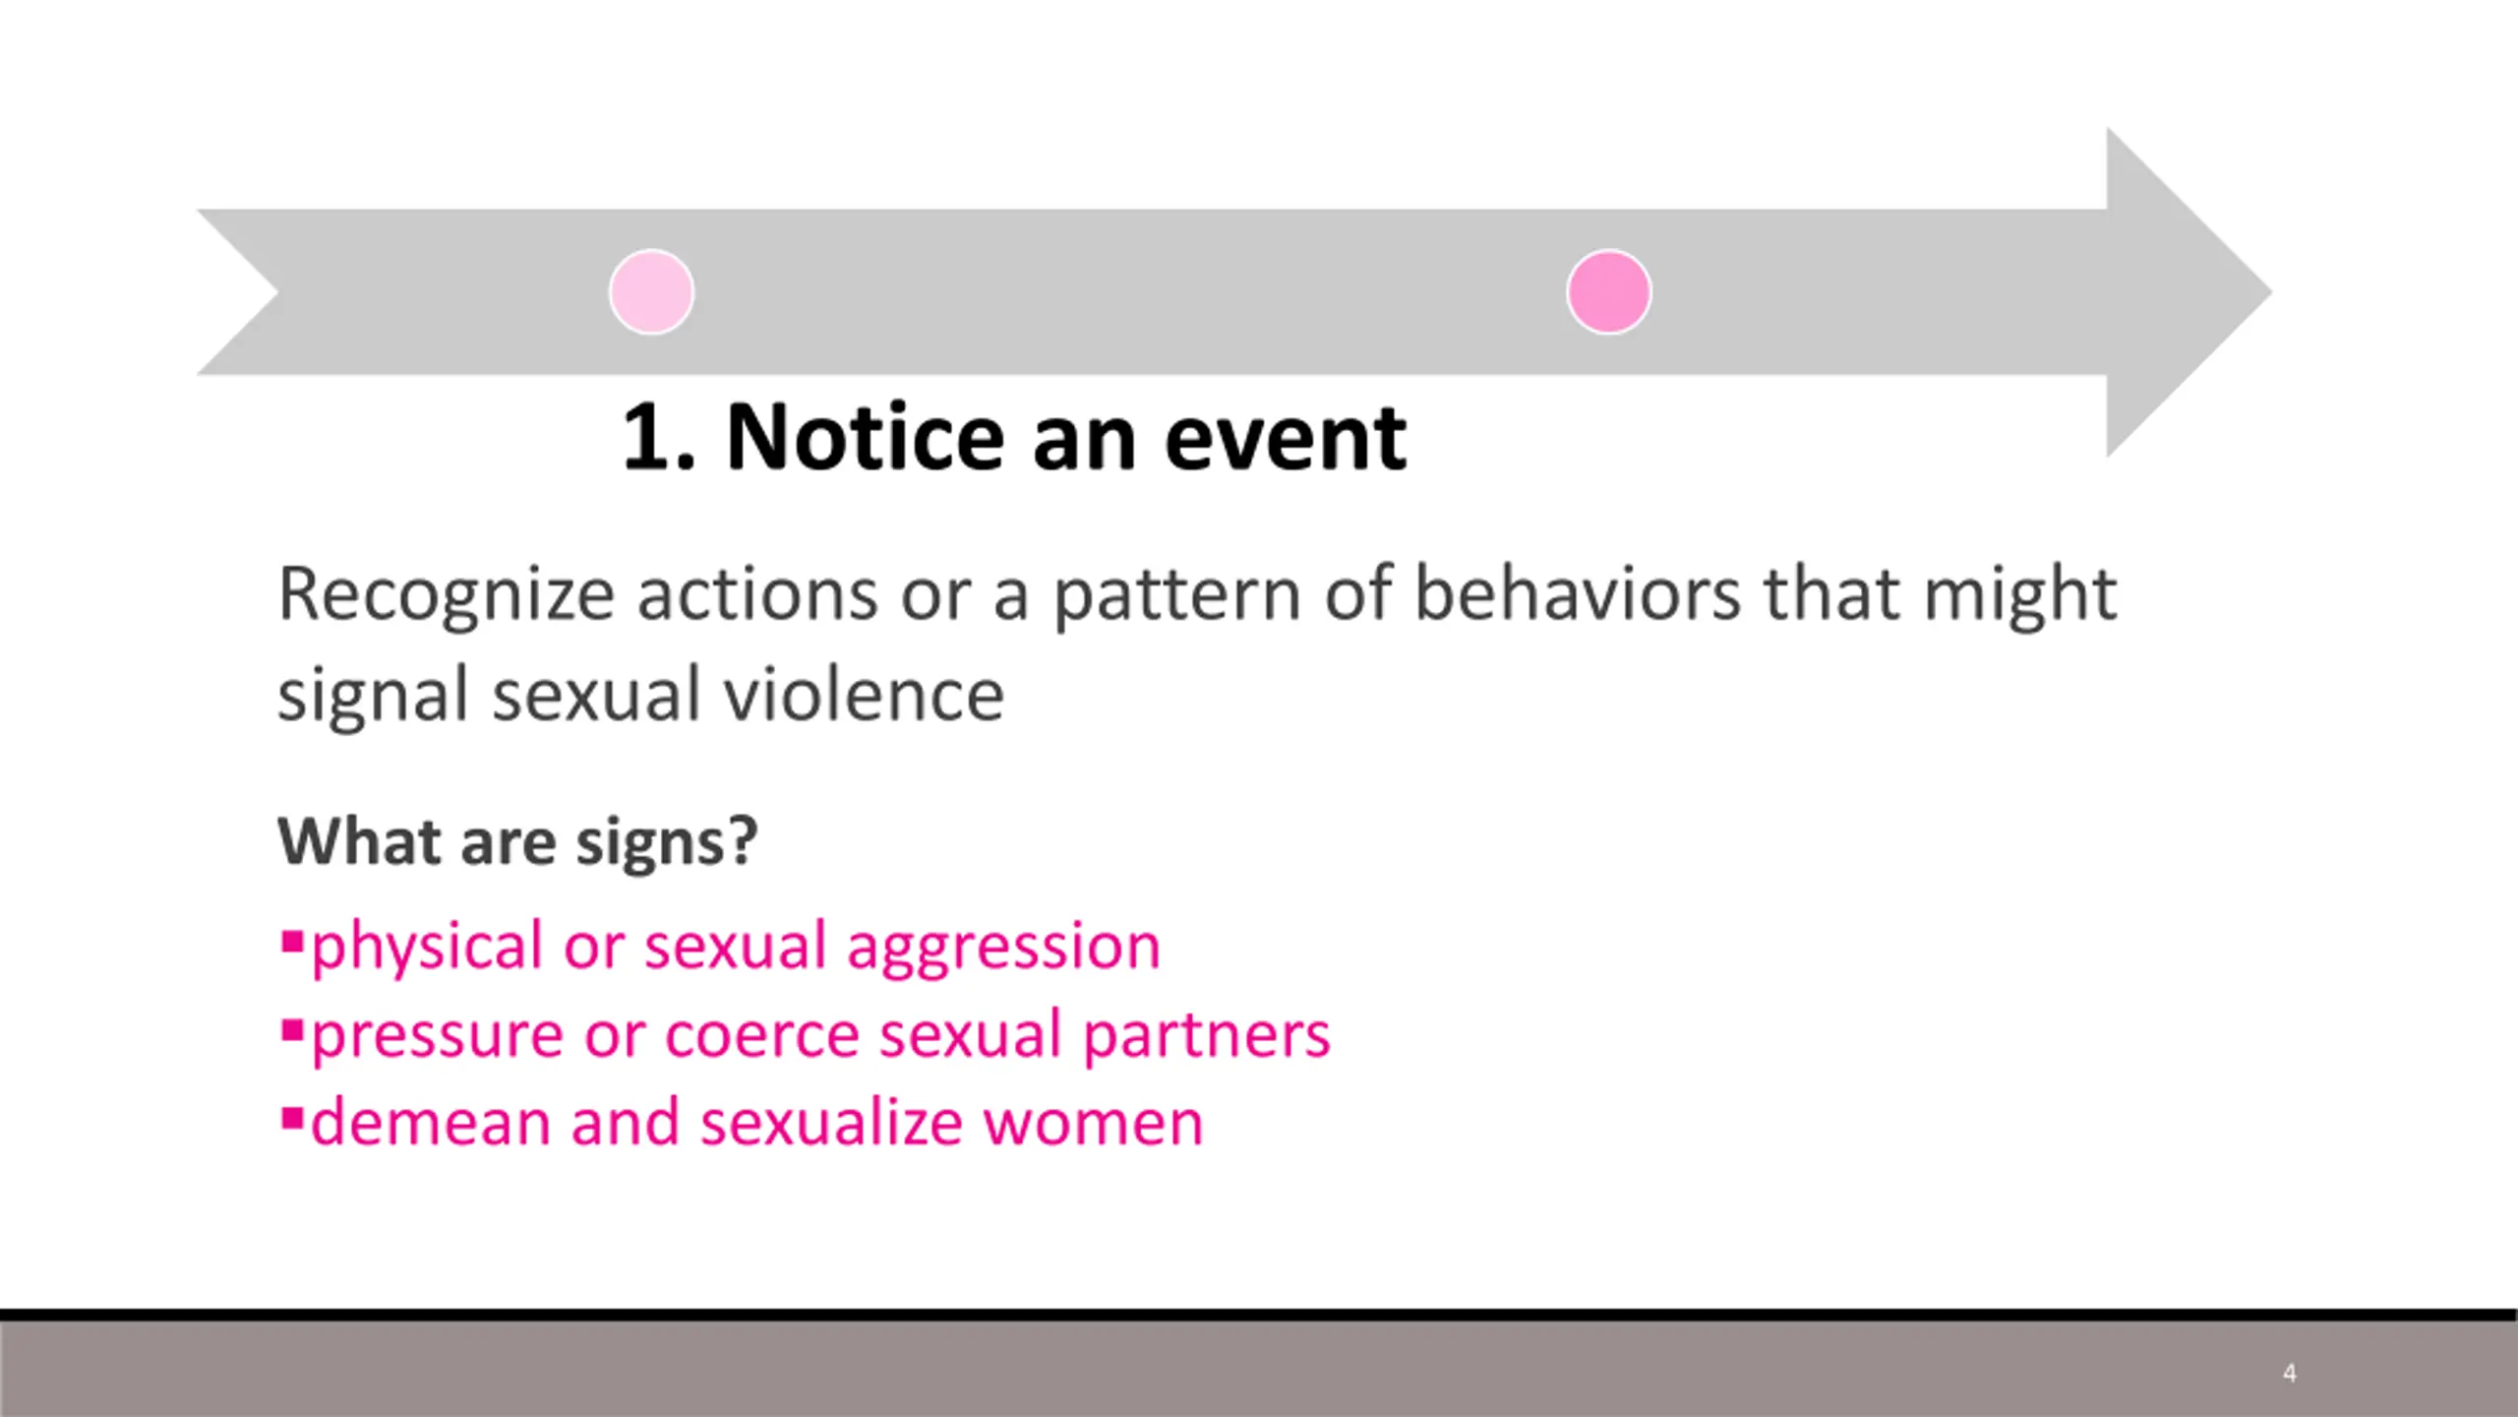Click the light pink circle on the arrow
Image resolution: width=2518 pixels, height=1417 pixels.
[x=651, y=292]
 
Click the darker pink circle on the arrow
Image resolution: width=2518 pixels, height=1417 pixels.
[x=1609, y=292]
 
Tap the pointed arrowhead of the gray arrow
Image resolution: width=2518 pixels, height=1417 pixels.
[x=2271, y=292]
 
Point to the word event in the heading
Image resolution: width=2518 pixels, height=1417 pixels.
[x=1286, y=439]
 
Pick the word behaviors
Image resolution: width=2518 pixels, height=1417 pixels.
[x=1579, y=594]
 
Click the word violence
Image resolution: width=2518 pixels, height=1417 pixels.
[x=865, y=695]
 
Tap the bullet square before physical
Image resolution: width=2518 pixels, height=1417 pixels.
[x=292, y=942]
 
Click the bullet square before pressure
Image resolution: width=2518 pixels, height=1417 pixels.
[x=292, y=1030]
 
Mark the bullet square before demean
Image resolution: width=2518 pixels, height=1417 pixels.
[x=292, y=1119]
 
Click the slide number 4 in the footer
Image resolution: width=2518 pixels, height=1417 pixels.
[x=2290, y=1373]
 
